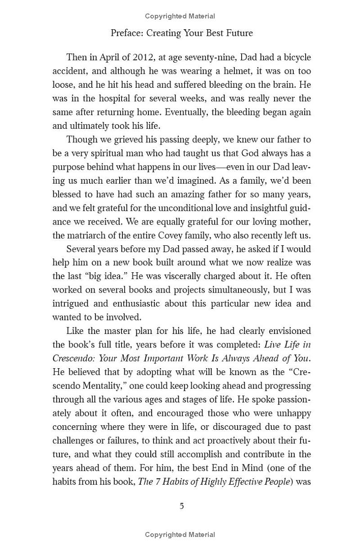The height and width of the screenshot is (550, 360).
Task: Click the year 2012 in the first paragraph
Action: [x=134, y=57]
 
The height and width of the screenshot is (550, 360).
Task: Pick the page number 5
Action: [x=182, y=506]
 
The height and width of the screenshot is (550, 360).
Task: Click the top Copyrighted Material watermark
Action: [x=180, y=16]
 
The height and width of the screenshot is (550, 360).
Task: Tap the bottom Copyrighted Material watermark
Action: [x=180, y=535]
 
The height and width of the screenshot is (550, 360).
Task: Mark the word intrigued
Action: [x=71, y=303]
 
